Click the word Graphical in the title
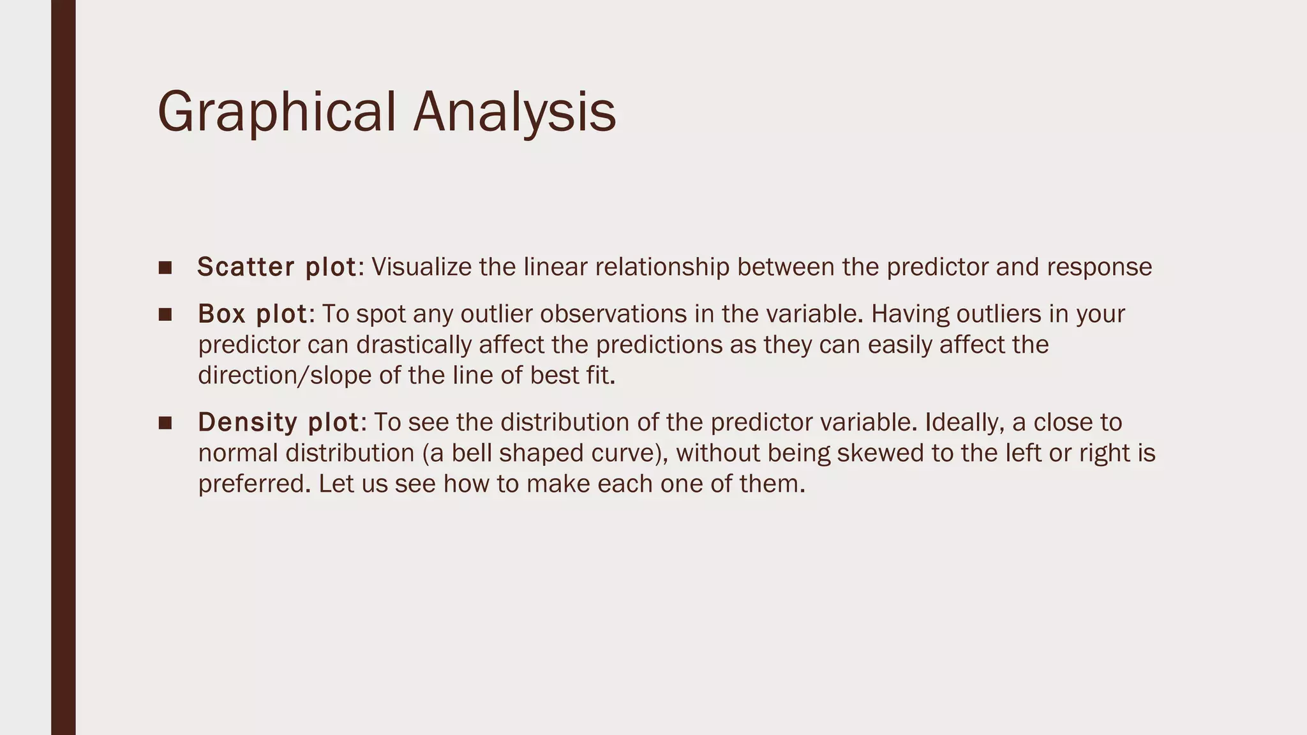click(276, 112)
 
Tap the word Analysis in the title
click(514, 112)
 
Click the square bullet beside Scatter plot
click(165, 267)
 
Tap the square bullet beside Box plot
click(165, 315)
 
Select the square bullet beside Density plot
click(165, 423)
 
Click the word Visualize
click(421, 267)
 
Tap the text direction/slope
click(285, 375)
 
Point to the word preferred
click(253, 484)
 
